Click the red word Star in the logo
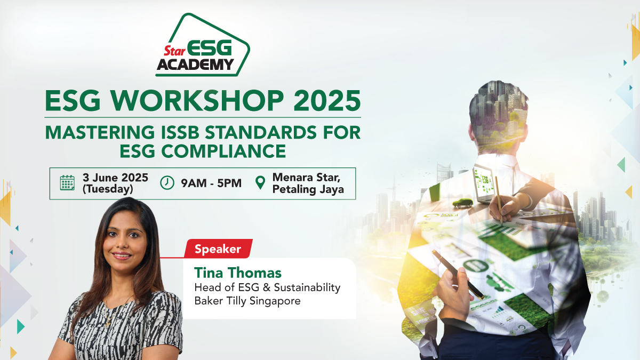pos(174,51)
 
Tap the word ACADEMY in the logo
pos(195,65)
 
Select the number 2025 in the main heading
pos(327,101)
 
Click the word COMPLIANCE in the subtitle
pos(223,151)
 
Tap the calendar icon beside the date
pos(67,183)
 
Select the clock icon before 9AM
pos(167,183)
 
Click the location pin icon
pos(260,183)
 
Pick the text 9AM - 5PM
pos(211,183)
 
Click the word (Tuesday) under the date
pos(108,189)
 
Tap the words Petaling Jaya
pos(308,189)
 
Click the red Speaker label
pos(218,249)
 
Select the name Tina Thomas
pos(238,273)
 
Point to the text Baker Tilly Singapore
pos(247,301)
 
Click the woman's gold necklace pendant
pos(108,324)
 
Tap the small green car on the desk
pos(462,203)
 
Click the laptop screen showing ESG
pos(484,182)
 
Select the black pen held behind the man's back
pos(458,275)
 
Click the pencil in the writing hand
pos(499,200)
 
